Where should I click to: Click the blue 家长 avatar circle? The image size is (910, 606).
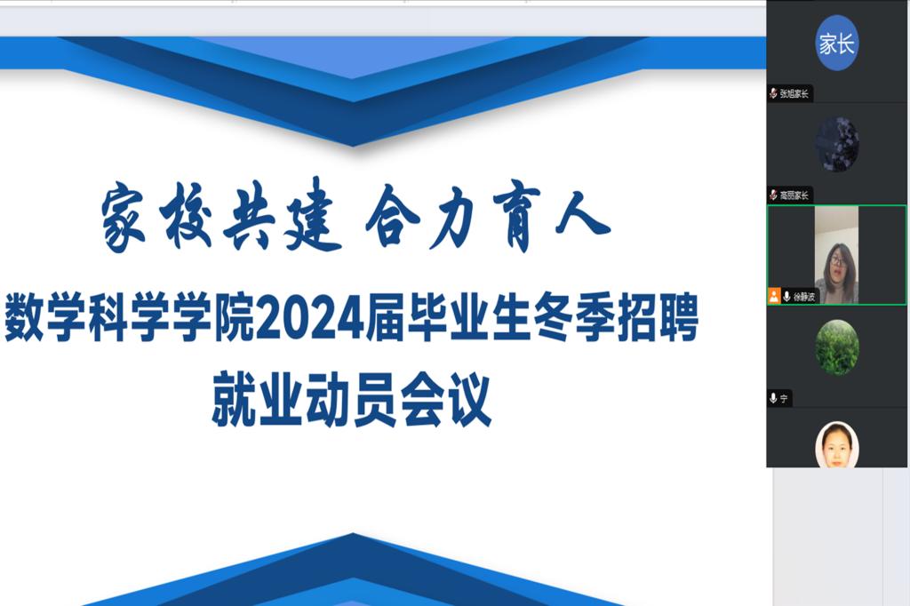[x=837, y=43]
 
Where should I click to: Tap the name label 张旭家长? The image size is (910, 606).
[x=794, y=93]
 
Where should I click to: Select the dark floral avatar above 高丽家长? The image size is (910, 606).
[x=837, y=144]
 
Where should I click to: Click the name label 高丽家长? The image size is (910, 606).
[x=794, y=195]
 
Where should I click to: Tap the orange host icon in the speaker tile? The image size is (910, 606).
[x=774, y=296]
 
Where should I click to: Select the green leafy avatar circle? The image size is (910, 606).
[x=837, y=347]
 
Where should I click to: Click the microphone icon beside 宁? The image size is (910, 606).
[x=773, y=398]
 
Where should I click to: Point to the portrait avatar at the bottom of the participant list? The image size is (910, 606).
[x=837, y=444]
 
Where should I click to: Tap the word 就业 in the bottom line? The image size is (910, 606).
[x=257, y=400]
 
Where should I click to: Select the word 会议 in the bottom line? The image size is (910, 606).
[x=446, y=400]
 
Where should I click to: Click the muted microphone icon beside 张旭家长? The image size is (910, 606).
[x=773, y=93]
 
